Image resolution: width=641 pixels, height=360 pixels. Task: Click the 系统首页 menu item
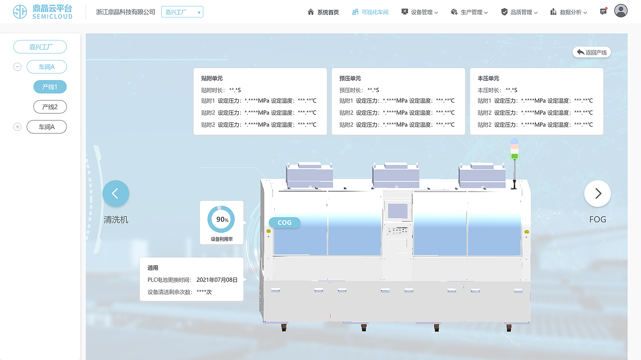point(323,12)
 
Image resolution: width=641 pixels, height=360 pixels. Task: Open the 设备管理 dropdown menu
point(420,12)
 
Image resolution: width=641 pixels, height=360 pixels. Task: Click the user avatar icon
point(621,11)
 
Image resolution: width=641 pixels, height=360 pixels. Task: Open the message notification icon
point(603,12)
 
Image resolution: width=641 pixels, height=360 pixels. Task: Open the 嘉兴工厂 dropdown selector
point(182,12)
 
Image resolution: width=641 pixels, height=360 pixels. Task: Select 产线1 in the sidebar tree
point(50,87)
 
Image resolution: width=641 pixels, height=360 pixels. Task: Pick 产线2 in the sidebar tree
point(50,107)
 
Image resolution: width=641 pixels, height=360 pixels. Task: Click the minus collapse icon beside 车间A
point(18,67)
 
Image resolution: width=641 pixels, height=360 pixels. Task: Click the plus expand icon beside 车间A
point(18,127)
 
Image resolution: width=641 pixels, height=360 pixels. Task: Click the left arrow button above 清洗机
point(116,193)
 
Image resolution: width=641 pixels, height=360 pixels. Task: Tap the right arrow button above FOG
point(597,193)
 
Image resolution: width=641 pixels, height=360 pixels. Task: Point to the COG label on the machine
point(284,222)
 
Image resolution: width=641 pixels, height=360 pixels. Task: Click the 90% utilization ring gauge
point(221,219)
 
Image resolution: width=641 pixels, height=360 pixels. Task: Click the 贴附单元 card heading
point(212,79)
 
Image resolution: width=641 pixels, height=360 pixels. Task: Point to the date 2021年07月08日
point(217,280)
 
